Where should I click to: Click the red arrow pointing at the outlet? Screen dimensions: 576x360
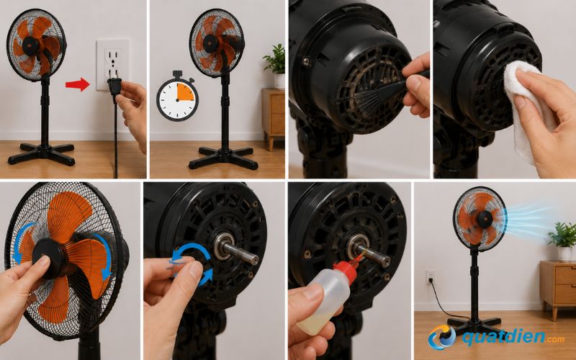click(x=78, y=84)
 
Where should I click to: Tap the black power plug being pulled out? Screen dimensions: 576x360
click(x=114, y=86)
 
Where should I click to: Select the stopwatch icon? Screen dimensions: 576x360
click(x=177, y=96)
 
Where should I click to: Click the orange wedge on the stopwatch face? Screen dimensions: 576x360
click(x=185, y=92)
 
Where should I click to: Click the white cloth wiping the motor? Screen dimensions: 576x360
click(x=526, y=107)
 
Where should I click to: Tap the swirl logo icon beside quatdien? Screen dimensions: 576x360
click(x=441, y=337)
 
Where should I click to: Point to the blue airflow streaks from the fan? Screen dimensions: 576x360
click(x=529, y=220)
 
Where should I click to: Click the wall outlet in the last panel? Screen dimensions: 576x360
click(x=430, y=278)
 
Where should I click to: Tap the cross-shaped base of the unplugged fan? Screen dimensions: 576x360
click(x=42, y=152)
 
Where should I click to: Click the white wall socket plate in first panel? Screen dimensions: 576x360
click(x=112, y=65)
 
